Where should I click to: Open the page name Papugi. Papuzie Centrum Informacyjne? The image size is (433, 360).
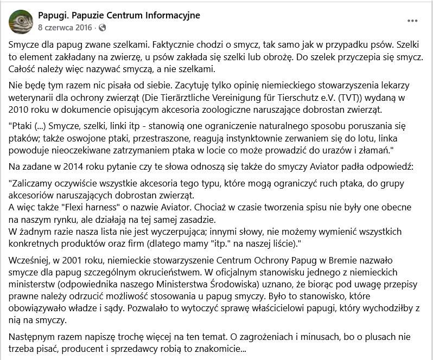pos(119,15)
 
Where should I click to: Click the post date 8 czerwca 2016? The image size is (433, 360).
pos(65,27)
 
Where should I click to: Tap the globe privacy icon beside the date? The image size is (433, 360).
pos(103,27)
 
